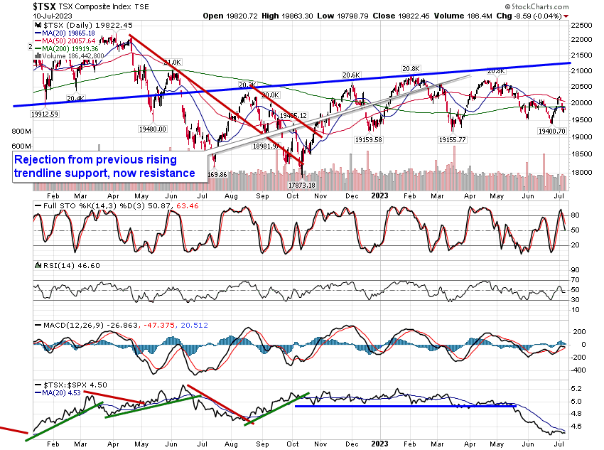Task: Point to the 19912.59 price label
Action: point(44,114)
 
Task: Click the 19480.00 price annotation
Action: point(152,129)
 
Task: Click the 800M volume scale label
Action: point(21,132)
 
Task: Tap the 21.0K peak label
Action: point(173,63)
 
